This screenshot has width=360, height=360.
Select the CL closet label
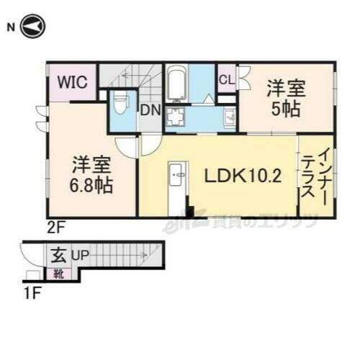pos(226,80)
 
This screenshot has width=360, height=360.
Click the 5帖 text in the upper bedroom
pos(287,111)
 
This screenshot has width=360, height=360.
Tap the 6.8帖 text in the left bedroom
pos(91,185)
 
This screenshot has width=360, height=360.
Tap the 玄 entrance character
pos(57,255)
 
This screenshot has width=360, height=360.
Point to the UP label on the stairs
pos(79,256)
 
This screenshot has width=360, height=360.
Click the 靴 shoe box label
pos(57,274)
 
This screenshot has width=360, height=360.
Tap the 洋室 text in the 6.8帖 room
pos(91,165)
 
